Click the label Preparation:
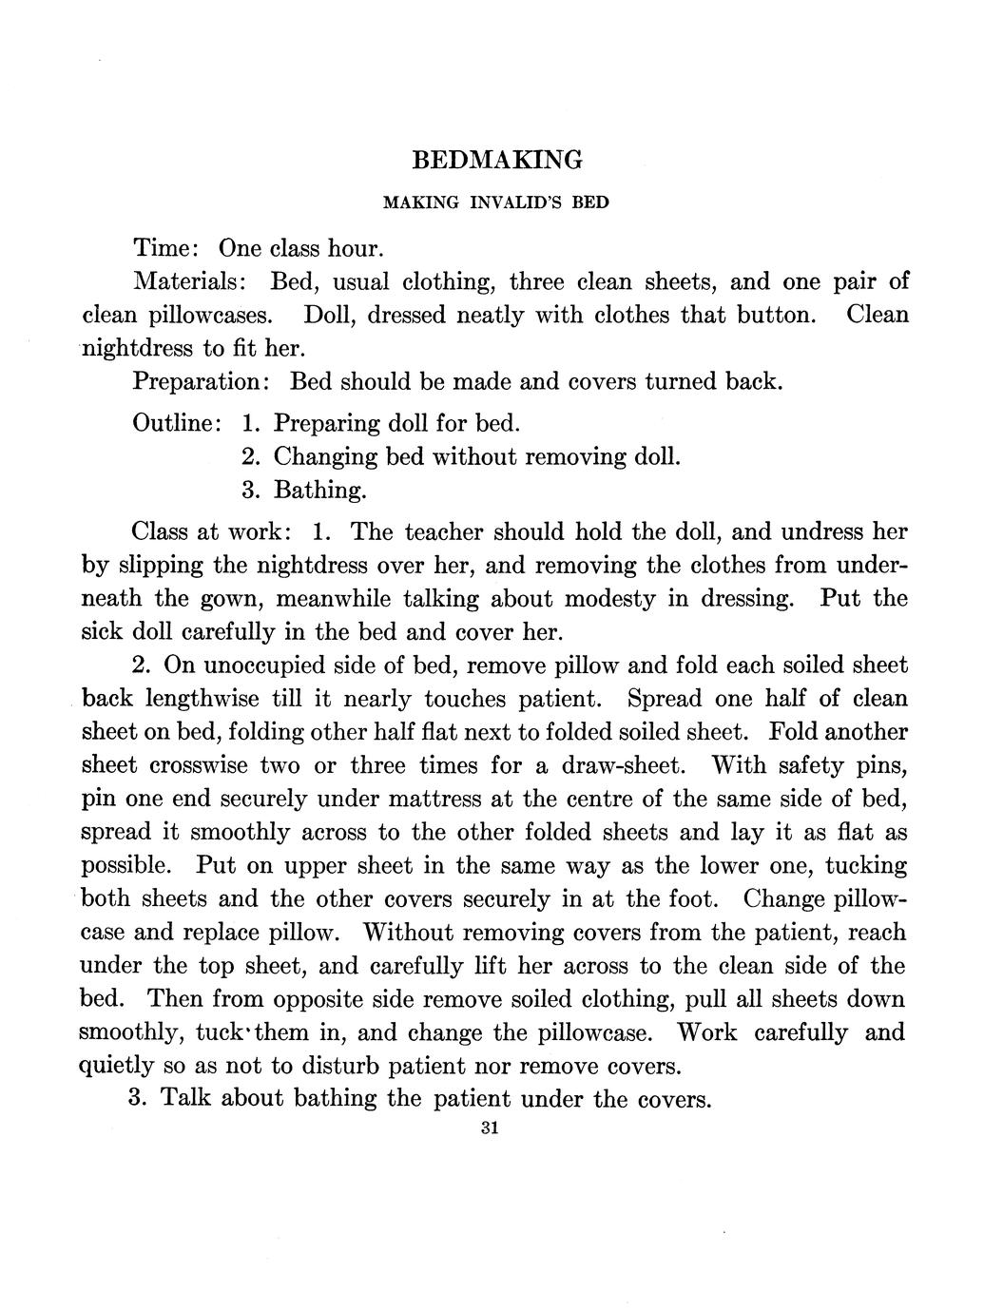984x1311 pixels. [203, 382]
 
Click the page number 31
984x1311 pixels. [491, 1128]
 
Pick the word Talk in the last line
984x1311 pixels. [189, 1099]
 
